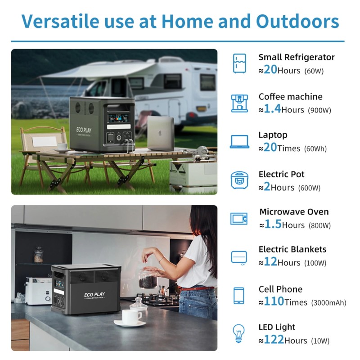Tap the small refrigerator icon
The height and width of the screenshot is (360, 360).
(x=239, y=63)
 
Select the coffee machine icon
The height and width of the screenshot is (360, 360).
(x=239, y=103)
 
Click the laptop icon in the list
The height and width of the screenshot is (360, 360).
(x=239, y=142)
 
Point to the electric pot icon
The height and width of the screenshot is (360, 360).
(x=239, y=180)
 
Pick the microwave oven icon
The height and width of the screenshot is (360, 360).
(x=239, y=219)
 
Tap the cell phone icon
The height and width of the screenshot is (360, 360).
(x=239, y=296)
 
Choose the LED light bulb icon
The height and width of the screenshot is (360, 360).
(x=239, y=333)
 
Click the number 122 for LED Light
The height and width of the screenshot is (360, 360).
(x=274, y=340)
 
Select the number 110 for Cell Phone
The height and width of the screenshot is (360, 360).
(x=274, y=301)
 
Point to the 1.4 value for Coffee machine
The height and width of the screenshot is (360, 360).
(x=272, y=109)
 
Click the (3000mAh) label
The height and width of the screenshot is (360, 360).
(x=328, y=303)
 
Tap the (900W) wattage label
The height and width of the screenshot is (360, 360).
(x=319, y=110)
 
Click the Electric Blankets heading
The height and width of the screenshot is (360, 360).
(x=292, y=249)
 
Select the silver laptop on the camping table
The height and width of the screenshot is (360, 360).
(x=161, y=133)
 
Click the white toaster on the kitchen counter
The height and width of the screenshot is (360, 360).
(x=38, y=290)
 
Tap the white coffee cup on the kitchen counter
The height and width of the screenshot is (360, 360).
(x=132, y=317)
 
